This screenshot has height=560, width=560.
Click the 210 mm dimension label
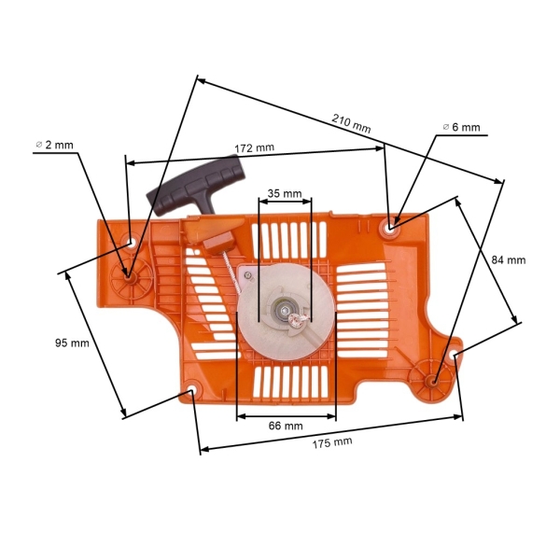pyautogui.click(x=351, y=122)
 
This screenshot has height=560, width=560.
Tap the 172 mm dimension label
pyautogui.click(x=254, y=148)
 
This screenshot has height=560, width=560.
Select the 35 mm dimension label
pyautogui.click(x=284, y=194)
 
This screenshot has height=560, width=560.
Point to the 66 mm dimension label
pyautogui.click(x=286, y=426)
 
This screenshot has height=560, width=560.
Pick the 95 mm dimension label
pyautogui.click(x=72, y=343)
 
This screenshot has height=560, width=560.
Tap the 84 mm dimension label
pyautogui.click(x=509, y=259)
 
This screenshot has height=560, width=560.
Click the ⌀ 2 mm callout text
pyautogui.click(x=54, y=145)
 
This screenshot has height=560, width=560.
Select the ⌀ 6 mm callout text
pyautogui.click(x=461, y=127)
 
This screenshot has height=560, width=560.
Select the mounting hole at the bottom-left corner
pyautogui.click(x=192, y=390)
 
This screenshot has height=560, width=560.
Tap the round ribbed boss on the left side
pyautogui.click(x=129, y=273)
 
